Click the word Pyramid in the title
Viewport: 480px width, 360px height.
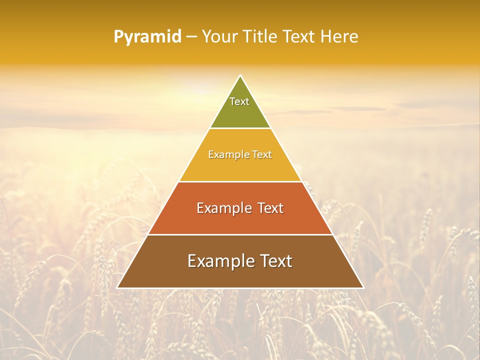pyautogui.click(x=147, y=37)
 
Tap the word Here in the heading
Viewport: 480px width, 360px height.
pyautogui.click(x=339, y=37)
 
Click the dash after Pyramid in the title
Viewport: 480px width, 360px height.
pyautogui.click(x=191, y=37)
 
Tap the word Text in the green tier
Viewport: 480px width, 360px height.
pyautogui.click(x=239, y=101)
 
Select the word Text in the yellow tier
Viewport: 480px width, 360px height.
pyautogui.click(x=262, y=154)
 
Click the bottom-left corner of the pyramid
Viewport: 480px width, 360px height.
pyautogui.click(x=117, y=287)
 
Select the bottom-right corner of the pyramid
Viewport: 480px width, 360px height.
pyautogui.click(x=363, y=287)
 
